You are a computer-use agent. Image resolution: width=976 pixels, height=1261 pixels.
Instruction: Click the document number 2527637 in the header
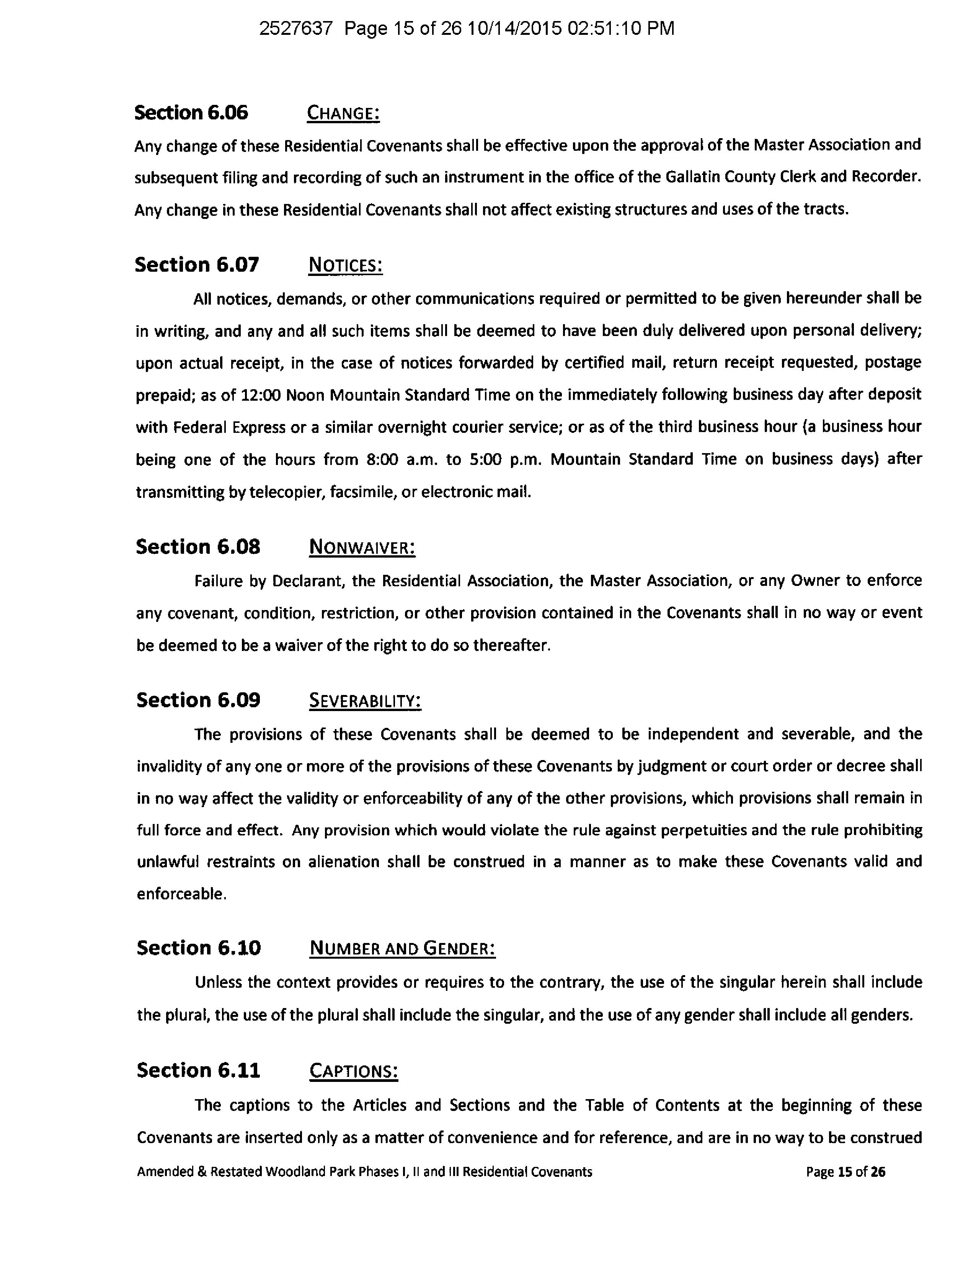(296, 28)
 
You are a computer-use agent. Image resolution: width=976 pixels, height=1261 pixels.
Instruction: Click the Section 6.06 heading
(191, 113)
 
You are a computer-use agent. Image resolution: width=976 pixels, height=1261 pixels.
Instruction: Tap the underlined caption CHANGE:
(343, 113)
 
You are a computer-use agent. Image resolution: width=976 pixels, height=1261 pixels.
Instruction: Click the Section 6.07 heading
(197, 265)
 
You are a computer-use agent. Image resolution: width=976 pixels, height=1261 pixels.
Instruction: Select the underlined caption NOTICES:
(345, 266)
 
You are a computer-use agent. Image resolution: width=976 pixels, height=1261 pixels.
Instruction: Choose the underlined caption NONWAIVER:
(362, 547)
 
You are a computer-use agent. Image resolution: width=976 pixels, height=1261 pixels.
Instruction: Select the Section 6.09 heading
(198, 700)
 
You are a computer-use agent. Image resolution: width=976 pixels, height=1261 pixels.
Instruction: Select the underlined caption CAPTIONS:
(353, 1071)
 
